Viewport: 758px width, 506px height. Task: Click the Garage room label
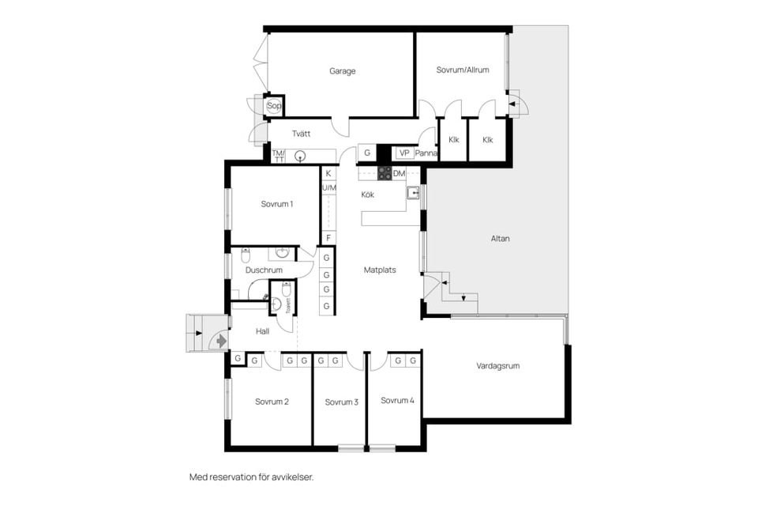343,71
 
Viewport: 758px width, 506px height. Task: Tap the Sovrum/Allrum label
463,70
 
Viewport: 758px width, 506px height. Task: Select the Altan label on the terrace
500,238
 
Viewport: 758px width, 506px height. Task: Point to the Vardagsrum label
498,366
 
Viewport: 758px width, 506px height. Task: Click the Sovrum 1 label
277,204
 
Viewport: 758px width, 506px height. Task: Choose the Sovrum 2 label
272,402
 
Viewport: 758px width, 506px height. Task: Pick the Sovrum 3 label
342,402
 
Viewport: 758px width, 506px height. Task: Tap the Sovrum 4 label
397,401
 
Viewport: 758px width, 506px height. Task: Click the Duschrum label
264,270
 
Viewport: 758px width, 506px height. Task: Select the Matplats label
380,270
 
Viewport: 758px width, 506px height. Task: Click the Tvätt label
301,134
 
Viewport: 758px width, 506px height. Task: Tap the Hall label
262,331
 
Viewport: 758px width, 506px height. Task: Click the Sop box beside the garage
274,105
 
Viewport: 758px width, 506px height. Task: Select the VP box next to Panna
404,153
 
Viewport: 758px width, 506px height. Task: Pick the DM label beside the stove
399,173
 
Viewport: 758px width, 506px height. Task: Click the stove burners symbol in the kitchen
384,173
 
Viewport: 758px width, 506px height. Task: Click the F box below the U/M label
328,237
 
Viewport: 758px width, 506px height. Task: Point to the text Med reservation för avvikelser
252,478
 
